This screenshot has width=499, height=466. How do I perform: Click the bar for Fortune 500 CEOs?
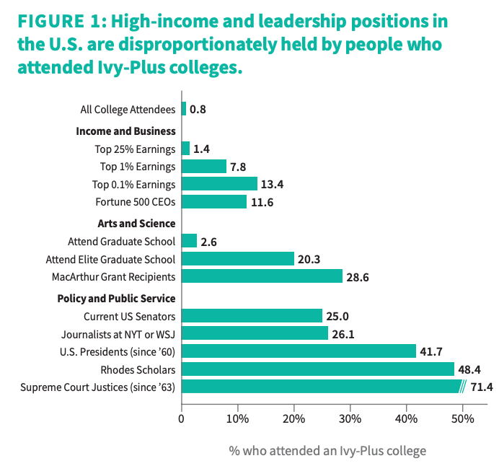(214, 201)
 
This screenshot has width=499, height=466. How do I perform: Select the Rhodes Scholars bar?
(318, 369)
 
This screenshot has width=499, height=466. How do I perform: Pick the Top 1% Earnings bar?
(204, 166)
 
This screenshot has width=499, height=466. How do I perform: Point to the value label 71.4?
(481, 387)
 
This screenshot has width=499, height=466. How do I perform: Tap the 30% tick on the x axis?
(350, 418)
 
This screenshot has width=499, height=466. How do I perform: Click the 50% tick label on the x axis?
(463, 418)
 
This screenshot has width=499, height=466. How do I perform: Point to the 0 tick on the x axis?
(182, 418)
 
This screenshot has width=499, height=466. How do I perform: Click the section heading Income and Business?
(125, 131)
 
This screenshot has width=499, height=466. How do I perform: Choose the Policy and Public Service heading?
(116, 299)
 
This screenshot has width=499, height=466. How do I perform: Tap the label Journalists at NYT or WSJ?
(118, 334)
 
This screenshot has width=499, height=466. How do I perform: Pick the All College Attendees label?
(128, 110)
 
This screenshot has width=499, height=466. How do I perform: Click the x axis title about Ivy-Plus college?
(327, 451)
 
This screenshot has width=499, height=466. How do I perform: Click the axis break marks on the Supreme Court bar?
(464, 387)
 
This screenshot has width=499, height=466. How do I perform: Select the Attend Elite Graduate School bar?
(238, 258)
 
